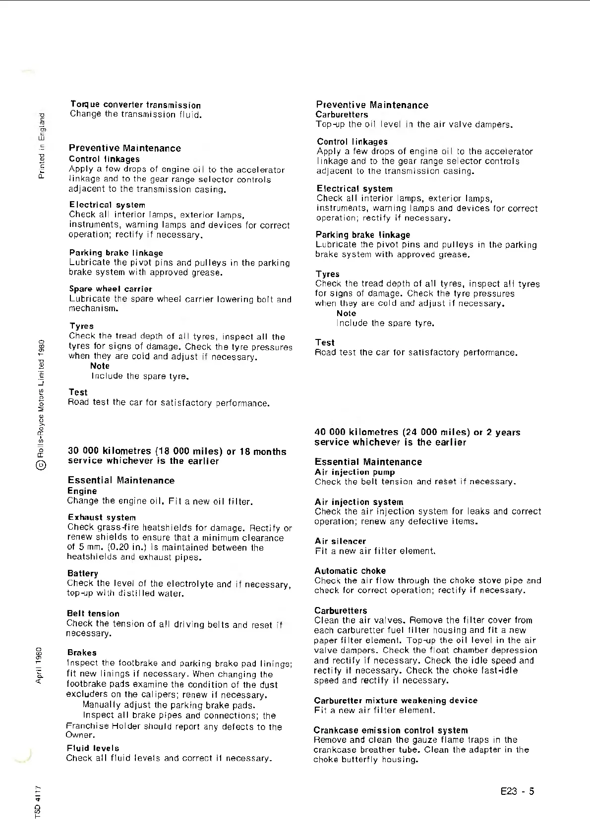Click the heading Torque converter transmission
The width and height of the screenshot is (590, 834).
coord(135,105)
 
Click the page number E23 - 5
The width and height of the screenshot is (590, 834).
coord(518,791)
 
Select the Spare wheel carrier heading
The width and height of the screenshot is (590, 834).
coord(111,289)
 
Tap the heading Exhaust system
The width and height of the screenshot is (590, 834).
coord(102,517)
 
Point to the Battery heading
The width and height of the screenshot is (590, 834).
coord(83,573)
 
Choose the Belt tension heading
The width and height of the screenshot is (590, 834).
coord(93,613)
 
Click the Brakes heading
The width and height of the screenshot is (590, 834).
coord(82,653)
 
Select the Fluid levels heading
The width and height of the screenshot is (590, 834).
coord(93,748)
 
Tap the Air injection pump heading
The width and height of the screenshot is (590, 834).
coord(355,472)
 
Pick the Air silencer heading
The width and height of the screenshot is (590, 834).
coord(340,541)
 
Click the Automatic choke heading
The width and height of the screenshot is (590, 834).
coord(350,571)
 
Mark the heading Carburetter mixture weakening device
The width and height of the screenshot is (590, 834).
coord(396,701)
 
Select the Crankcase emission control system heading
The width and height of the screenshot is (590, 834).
coord(391,730)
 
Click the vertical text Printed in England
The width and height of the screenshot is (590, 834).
coord(42,146)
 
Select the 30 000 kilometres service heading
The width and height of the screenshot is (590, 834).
coord(177,456)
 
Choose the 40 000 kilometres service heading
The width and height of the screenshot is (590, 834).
coord(417,437)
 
